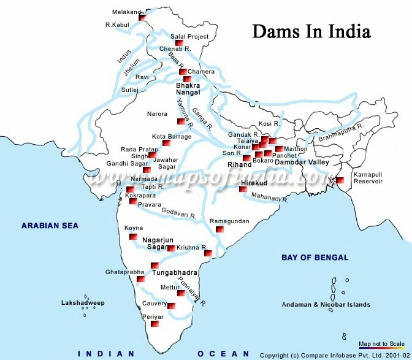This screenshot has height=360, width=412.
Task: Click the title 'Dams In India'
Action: pos(311,31)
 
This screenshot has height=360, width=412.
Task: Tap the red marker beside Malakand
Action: pos(142,18)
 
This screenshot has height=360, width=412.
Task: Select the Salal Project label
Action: pos(189,36)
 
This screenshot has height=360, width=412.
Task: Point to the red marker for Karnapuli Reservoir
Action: pos(339,180)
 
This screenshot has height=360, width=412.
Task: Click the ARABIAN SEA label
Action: pos(50,226)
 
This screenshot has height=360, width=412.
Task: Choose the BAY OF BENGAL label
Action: pos(315,258)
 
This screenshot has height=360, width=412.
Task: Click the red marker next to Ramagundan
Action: pos(219,229)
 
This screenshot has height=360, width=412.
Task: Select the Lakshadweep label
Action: pos(83,303)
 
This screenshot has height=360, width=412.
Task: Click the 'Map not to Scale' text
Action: pos(381,343)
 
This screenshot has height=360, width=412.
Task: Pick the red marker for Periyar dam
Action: pos(155,323)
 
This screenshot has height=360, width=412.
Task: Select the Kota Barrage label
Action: pos(172,136)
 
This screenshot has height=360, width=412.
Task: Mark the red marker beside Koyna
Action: pos(132,237)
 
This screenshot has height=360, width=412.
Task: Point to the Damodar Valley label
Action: pos(302,163)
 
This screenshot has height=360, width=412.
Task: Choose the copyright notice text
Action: pos(334,355)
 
